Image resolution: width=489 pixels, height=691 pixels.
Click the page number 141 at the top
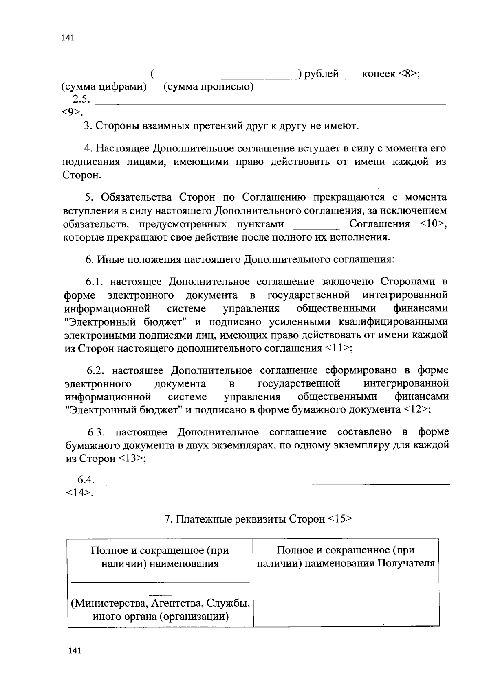click(68, 38)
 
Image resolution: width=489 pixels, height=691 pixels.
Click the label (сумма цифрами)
click(104, 87)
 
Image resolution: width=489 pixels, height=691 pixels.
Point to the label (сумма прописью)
click(208, 87)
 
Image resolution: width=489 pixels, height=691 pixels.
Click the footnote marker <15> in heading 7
click(339, 519)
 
